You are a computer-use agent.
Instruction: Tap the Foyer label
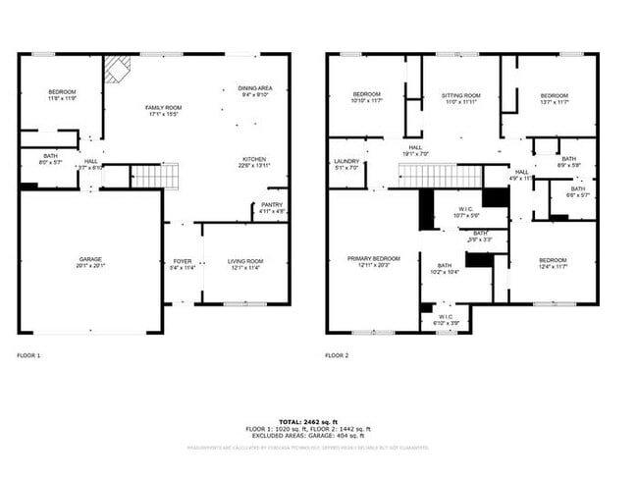point(182,263)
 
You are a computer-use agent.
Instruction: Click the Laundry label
point(346,164)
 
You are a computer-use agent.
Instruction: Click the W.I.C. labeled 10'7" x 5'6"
point(465,211)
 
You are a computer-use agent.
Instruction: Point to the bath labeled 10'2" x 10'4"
point(444,268)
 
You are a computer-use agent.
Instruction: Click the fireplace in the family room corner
point(119,68)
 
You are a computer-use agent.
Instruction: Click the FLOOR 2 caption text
point(338,355)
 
